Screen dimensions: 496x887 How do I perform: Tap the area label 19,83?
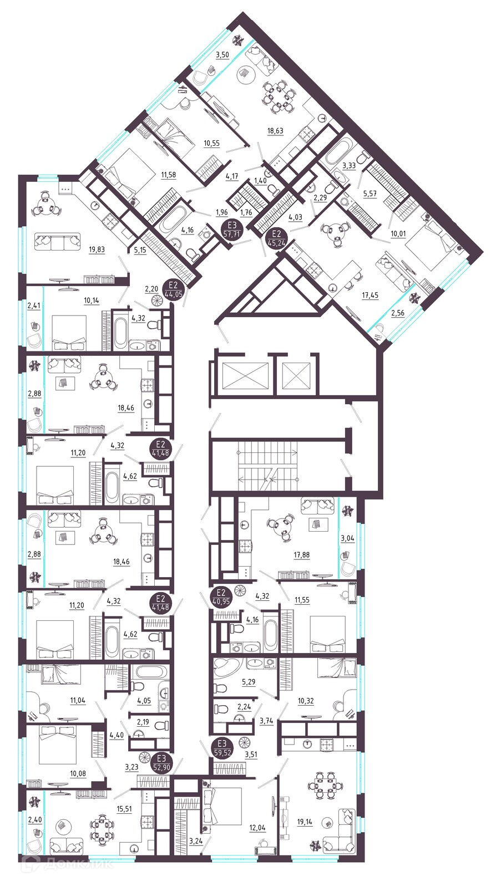(x=97, y=250)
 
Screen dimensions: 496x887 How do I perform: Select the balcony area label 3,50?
(x=222, y=55)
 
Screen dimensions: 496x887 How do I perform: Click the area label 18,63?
(x=275, y=131)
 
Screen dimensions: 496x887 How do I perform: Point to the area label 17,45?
(x=370, y=295)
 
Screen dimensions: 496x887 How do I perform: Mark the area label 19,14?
(x=304, y=822)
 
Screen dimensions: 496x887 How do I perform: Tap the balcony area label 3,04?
(x=347, y=538)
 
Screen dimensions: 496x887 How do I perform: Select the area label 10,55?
(x=211, y=144)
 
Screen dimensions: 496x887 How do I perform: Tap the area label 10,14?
(x=92, y=300)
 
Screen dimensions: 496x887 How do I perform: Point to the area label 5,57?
(x=370, y=194)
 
